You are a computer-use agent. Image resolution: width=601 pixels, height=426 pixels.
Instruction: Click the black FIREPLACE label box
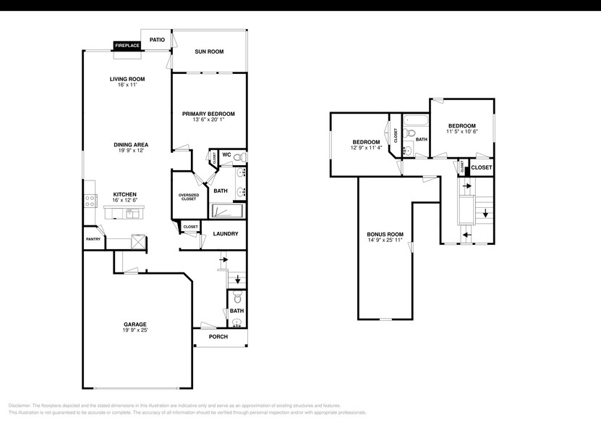[127, 46]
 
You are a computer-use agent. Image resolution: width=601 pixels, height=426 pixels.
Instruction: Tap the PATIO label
[157, 40]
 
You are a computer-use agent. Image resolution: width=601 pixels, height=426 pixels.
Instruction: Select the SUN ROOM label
[209, 52]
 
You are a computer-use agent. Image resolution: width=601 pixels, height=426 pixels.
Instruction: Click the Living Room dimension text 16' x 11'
[127, 85]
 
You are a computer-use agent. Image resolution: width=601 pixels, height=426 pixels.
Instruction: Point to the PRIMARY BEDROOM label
[208, 114]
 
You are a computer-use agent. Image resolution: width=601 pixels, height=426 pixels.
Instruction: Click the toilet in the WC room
[242, 156]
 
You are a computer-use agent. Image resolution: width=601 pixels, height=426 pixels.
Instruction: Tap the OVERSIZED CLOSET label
[188, 196]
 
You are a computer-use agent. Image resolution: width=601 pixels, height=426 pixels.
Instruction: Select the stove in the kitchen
[90, 201]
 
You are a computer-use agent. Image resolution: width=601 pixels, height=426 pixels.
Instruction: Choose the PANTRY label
[93, 239]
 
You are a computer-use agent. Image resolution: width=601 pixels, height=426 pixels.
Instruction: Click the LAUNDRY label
[225, 233]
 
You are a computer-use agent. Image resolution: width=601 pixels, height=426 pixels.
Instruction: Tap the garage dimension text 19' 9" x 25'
[135, 330]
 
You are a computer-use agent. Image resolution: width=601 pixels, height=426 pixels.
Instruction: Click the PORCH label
[218, 336]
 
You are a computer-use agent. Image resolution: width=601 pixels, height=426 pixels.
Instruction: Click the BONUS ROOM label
[385, 234]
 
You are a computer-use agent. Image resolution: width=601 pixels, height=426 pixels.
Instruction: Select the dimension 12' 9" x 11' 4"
[366, 149]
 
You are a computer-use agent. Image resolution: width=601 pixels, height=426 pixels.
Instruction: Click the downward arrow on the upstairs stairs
[485, 214]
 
